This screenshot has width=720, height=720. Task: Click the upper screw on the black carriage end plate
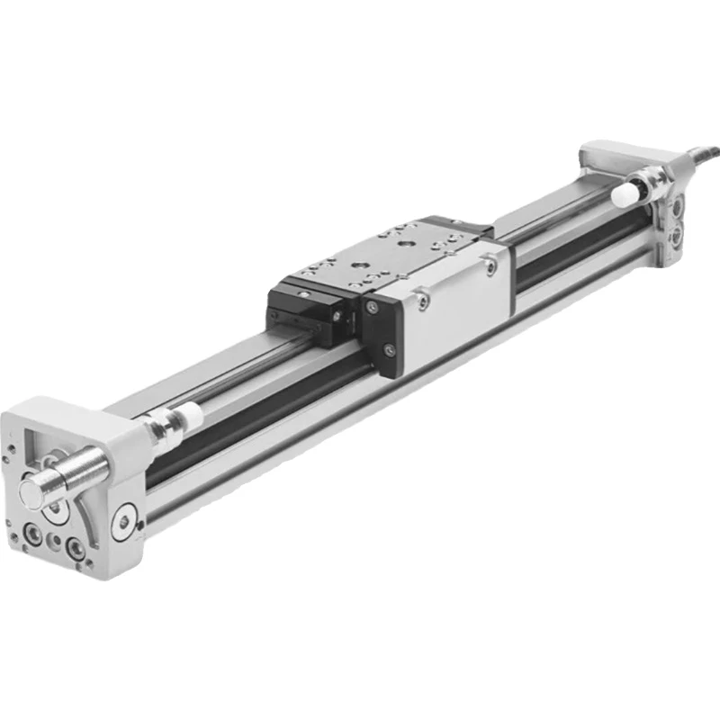pyautogui.click(x=370, y=307)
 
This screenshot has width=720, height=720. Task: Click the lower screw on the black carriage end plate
pyautogui.click(x=388, y=349)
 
